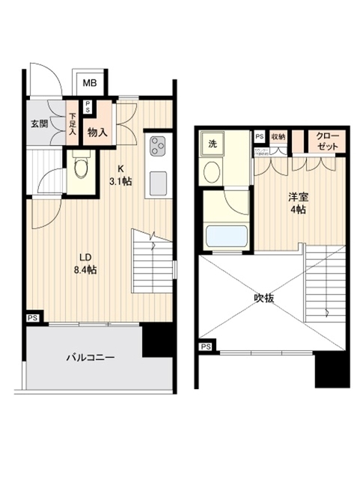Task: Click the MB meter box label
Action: coord(88,82)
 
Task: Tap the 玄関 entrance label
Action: coord(40,123)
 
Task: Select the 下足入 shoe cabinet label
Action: coord(73,123)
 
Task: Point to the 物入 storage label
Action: coord(97,133)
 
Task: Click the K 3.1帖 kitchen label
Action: coord(120,175)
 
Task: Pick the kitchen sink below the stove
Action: coord(158,183)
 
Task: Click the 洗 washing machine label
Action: coord(213,144)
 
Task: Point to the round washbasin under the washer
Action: coord(214,171)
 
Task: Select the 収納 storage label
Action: coord(278,137)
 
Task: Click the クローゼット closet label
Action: coord(326,140)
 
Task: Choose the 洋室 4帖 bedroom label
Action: coord(298,204)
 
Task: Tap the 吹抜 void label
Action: coord(263,298)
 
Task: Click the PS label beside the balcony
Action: coord(33,317)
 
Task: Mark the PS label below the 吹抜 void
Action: coord(206,347)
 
